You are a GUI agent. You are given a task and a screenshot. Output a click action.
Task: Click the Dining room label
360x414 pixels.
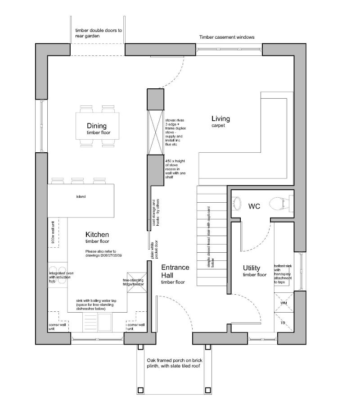pyautogui.click(x=97, y=126)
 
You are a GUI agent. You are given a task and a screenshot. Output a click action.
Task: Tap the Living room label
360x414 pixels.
pyautogui.click(x=220, y=119)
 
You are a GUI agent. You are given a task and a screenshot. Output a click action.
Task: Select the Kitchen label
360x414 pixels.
pyautogui.click(x=97, y=235)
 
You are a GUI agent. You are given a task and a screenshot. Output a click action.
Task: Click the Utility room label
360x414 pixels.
pyautogui.click(x=252, y=268)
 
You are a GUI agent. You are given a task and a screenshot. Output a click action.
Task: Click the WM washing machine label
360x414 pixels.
pyautogui.click(x=283, y=303)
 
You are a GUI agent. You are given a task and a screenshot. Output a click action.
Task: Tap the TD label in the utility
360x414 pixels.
pyautogui.click(x=283, y=323)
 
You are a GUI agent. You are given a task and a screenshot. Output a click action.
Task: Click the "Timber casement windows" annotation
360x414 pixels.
pyautogui.click(x=227, y=37)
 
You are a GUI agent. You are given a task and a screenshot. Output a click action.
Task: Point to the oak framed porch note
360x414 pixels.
pyautogui.click(x=173, y=364)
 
